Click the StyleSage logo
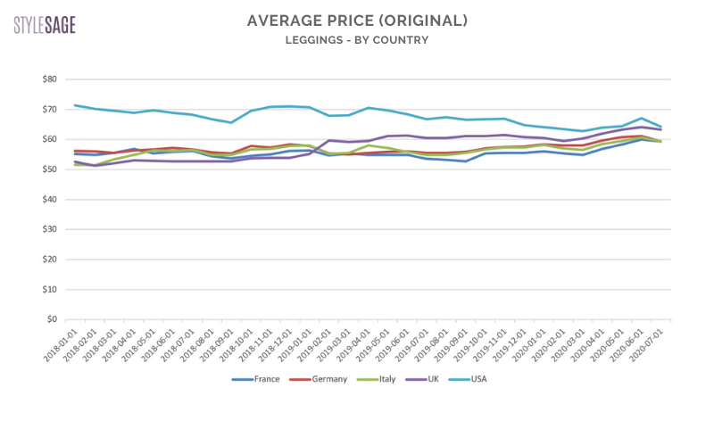(45, 25)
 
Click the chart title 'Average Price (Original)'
(357, 21)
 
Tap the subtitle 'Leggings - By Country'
(357, 40)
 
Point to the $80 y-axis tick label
(50, 79)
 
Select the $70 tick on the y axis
(50, 110)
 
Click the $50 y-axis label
(50, 169)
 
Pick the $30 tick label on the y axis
(50, 229)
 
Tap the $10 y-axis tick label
(50, 289)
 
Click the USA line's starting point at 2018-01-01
(74, 105)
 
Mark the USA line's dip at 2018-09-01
(230, 122)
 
